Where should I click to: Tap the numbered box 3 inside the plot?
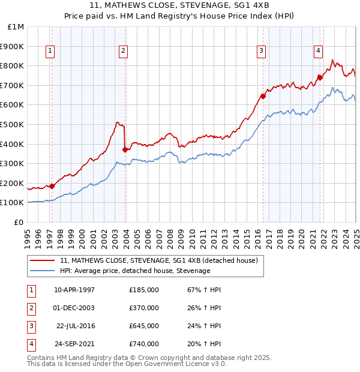click(x=262, y=52)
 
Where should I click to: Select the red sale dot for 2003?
click(x=125, y=150)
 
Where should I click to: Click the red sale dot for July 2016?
click(x=263, y=96)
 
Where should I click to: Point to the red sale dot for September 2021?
click(x=320, y=77)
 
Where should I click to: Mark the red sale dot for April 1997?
click(x=52, y=186)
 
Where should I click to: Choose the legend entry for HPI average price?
click(x=134, y=271)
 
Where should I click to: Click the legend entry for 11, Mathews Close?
click(x=158, y=260)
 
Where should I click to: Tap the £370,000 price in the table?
click(x=144, y=308)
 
